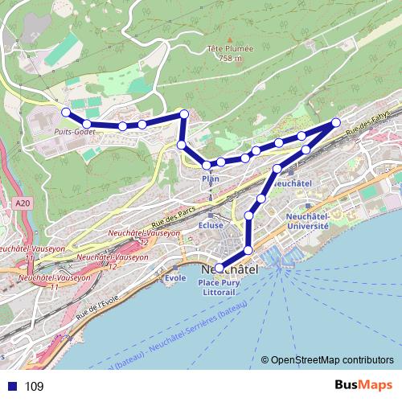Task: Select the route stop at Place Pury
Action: (219, 269)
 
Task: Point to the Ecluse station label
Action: (210, 226)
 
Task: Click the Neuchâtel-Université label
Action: (308, 221)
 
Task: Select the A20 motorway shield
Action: (21, 206)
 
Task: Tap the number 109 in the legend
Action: (35, 387)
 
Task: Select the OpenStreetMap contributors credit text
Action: (332, 360)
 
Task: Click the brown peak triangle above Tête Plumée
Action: (229, 39)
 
